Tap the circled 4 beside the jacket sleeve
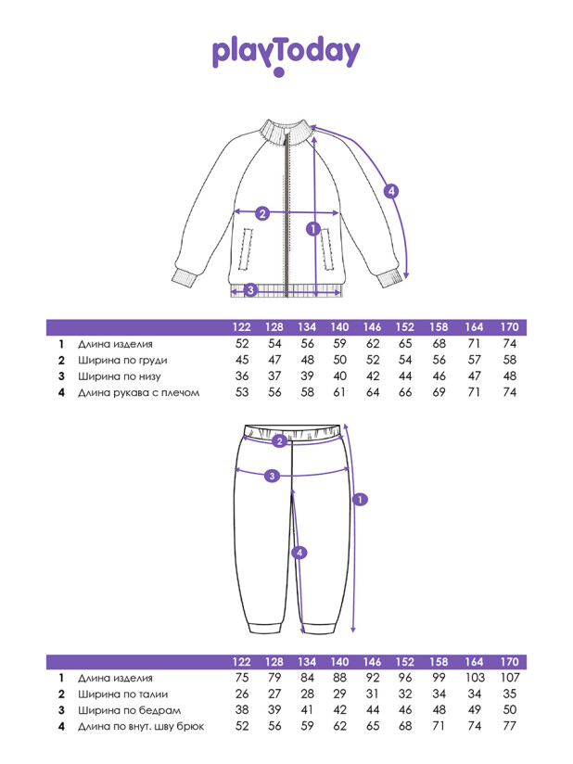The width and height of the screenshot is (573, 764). [391, 191]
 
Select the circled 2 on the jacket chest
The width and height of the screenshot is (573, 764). [262, 213]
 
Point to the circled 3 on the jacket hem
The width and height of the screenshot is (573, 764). [249, 290]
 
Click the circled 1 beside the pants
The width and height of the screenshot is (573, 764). [361, 499]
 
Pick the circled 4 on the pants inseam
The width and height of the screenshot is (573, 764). [299, 553]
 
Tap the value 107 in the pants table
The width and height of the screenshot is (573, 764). [509, 677]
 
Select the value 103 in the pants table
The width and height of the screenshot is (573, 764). [475, 677]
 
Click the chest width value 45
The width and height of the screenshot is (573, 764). [243, 360]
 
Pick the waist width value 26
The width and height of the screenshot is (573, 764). [243, 694]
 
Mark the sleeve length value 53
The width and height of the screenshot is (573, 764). [243, 393]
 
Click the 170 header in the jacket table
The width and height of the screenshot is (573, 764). [509, 326]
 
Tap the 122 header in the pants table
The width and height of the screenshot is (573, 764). [243, 661]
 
